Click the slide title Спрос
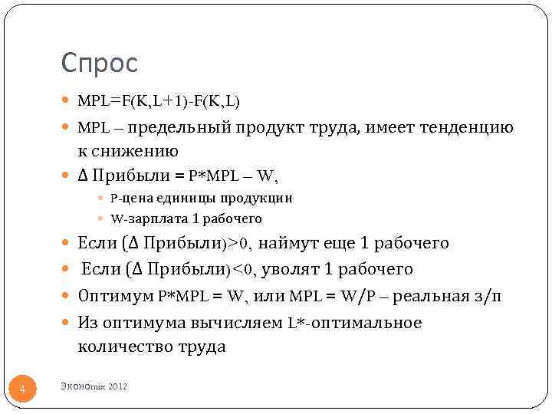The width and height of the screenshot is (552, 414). point(100,63)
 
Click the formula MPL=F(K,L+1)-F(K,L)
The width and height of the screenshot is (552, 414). point(159,100)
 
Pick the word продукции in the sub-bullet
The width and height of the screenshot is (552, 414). point(261,199)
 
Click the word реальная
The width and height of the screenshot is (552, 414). point(435,296)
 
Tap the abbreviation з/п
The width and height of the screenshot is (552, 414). point(489,296)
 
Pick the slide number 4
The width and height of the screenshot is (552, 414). point(22,390)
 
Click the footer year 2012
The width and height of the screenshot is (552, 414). point(118,386)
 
